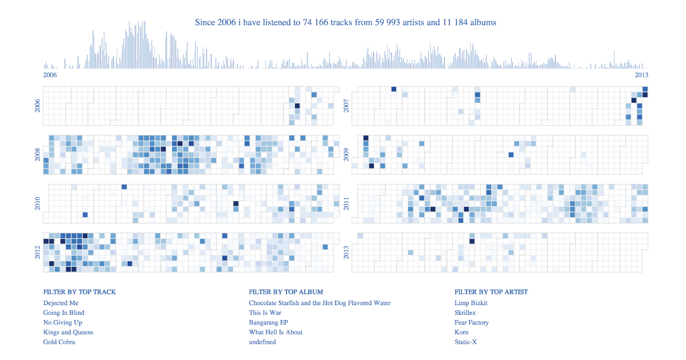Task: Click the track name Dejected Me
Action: click(x=61, y=303)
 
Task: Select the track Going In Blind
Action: click(x=63, y=313)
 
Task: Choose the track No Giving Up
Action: click(x=62, y=322)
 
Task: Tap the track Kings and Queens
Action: click(x=68, y=332)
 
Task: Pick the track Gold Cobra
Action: click(x=59, y=342)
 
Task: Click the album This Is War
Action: click(x=265, y=313)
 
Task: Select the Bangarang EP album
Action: click(x=268, y=322)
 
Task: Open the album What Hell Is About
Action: click(x=276, y=332)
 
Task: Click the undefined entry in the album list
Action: click(x=262, y=342)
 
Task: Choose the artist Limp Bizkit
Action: click(x=471, y=303)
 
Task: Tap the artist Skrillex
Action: click(x=465, y=313)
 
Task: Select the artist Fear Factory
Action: click(x=472, y=322)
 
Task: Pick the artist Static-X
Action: click(x=466, y=342)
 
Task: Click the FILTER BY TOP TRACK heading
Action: click(x=79, y=292)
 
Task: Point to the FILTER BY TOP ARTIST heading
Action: click(x=491, y=292)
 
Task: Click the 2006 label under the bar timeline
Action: click(x=50, y=75)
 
